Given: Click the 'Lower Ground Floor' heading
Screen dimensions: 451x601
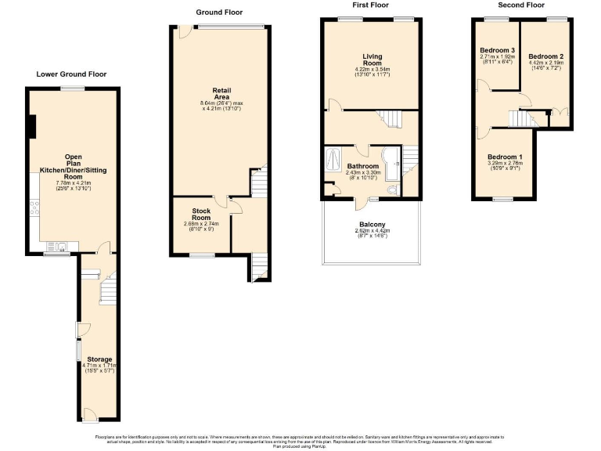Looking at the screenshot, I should pos(71,74).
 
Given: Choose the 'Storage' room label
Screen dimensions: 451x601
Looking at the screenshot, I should pos(99,359).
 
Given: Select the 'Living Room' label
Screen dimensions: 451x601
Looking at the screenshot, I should pos(372,60).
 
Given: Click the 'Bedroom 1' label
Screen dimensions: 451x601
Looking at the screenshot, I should pos(505,157).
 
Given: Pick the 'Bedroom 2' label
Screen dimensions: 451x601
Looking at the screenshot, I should pos(545,56).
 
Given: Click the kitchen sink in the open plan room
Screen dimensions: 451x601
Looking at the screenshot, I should pos(61,247).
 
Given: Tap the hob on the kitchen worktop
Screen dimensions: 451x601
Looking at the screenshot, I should pos(34,207).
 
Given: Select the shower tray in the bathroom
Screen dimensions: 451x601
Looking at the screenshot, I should pos(333,156).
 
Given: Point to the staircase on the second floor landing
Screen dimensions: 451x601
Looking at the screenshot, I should pos(520,119).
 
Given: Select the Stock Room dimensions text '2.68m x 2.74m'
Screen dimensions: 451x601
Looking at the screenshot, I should pos(202,224).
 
